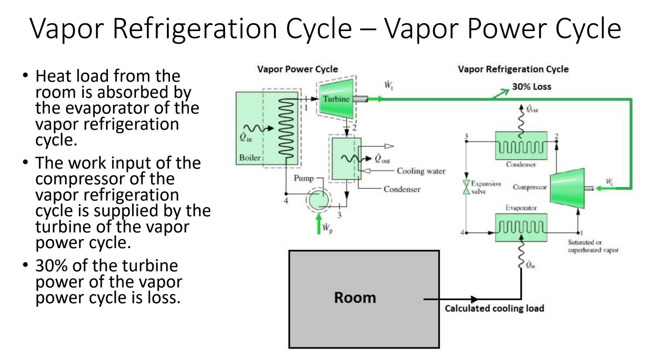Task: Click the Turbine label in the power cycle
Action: point(336,99)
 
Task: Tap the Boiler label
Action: point(250,158)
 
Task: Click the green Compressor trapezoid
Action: point(567,188)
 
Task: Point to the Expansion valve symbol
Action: point(466,187)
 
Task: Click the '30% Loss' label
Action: point(531,87)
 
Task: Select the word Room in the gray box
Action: point(355,298)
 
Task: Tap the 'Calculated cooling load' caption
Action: point(494,308)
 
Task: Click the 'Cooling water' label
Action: point(421,171)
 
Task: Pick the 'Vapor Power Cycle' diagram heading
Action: point(297,69)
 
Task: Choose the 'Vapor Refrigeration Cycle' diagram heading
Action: point(513,69)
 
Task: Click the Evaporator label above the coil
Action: point(521,208)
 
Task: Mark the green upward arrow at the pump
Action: point(319,223)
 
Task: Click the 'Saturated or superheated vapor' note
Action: point(593,246)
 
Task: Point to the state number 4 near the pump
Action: point(286,201)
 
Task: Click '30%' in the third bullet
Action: point(50,266)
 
